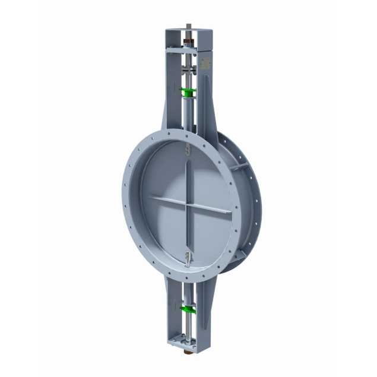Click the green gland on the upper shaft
[188, 91]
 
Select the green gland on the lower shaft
[188, 310]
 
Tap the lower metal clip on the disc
[188, 256]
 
